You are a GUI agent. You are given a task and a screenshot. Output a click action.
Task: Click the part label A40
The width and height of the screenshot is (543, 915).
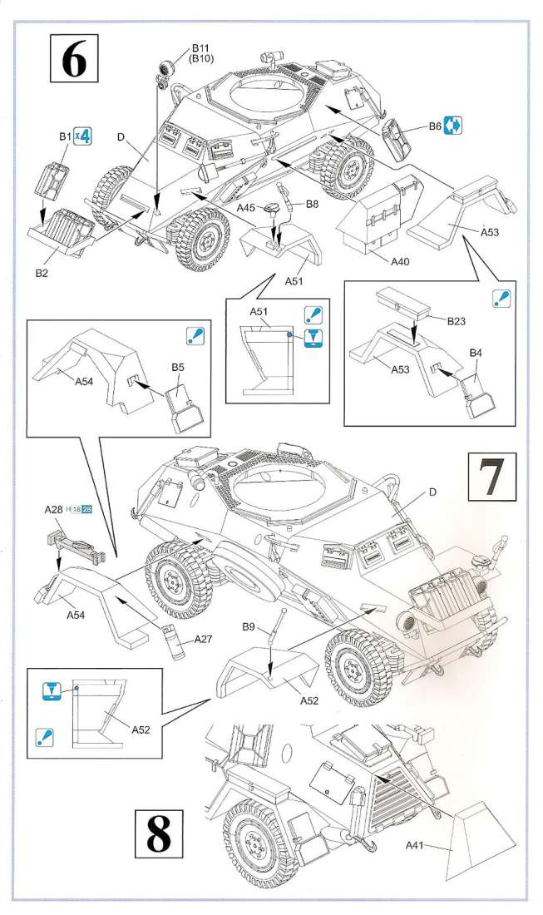point(399,261)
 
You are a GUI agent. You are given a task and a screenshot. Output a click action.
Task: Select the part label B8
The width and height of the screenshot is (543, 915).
point(313,203)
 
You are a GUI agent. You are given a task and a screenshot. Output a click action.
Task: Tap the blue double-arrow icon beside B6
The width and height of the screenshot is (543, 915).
point(452,126)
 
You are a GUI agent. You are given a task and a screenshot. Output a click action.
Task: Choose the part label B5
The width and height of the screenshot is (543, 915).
point(178,366)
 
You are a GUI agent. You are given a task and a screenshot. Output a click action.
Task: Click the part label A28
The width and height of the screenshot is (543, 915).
point(55,508)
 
